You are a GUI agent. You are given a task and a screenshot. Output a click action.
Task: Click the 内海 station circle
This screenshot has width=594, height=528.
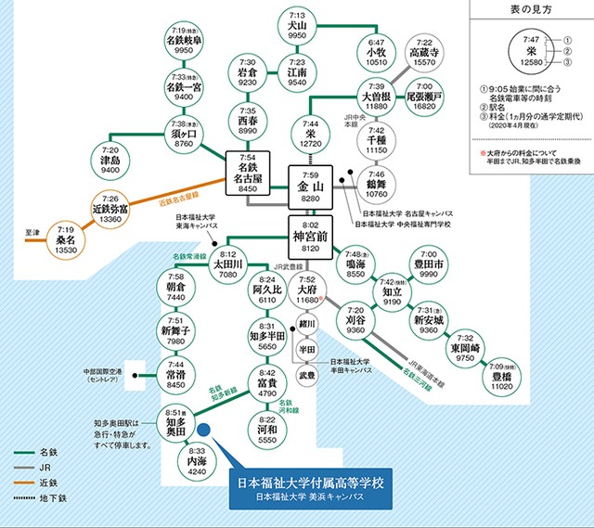(198, 461)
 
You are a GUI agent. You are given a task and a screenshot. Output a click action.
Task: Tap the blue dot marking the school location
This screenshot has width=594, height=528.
(205, 431)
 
